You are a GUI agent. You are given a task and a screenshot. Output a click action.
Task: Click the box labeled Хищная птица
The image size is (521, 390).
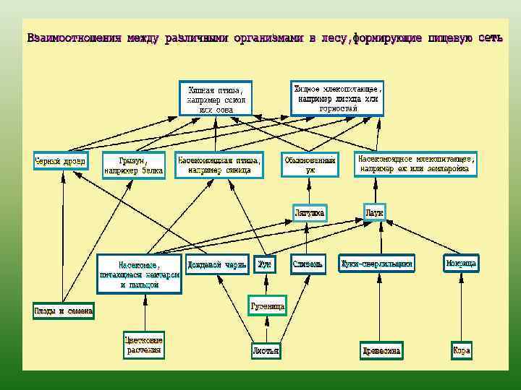click(x=215, y=97)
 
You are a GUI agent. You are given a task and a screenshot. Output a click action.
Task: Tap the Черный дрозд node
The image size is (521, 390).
click(x=61, y=160)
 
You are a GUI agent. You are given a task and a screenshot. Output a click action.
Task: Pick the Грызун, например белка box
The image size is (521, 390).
click(x=133, y=165)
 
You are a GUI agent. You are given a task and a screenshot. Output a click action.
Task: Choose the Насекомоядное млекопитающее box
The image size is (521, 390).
click(x=415, y=163)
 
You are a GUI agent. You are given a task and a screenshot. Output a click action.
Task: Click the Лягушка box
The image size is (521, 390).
click(x=310, y=212)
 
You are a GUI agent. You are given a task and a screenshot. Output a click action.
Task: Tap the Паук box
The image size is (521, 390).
click(x=374, y=212)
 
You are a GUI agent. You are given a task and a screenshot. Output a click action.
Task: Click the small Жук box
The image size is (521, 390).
click(x=265, y=264)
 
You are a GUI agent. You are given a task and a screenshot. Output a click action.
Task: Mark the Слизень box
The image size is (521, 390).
click(x=308, y=264)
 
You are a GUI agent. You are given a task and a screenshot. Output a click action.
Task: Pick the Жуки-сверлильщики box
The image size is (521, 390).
click(x=377, y=264)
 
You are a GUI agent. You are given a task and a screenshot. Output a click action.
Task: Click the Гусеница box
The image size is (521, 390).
click(x=268, y=306)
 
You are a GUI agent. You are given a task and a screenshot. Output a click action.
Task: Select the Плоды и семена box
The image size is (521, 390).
click(x=63, y=311)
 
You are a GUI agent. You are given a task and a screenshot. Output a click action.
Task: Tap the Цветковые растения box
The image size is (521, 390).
click(x=143, y=344)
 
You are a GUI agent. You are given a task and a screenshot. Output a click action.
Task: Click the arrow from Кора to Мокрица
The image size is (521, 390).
click(x=462, y=307)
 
